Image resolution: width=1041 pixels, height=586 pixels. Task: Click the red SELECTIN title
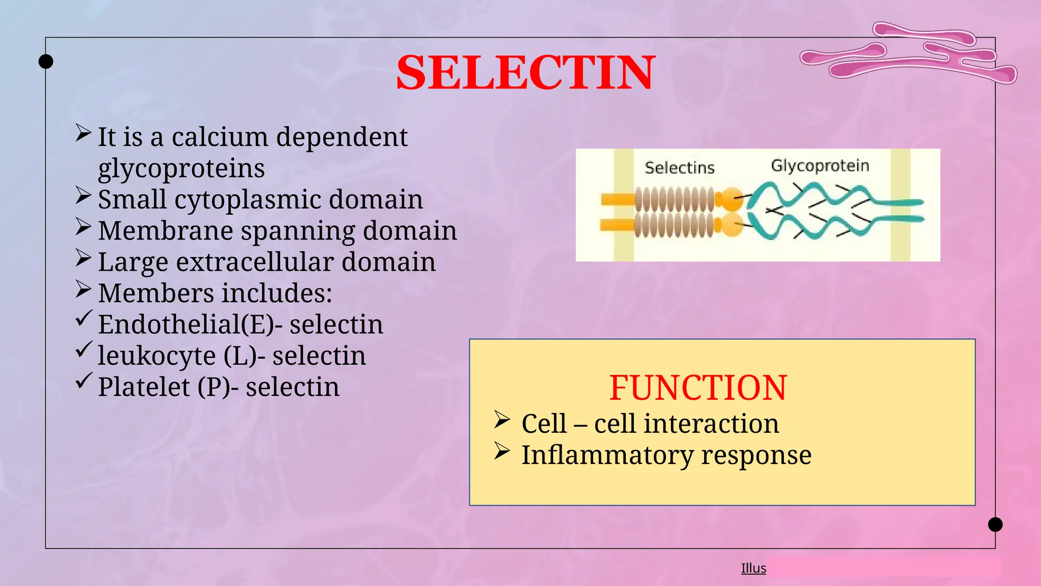[526, 73]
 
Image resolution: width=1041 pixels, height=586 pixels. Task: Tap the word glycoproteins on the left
[181, 168]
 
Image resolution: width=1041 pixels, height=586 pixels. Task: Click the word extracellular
[255, 262]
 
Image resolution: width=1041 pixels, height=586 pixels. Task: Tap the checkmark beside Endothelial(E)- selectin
[84, 318]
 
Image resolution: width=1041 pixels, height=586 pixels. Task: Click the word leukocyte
[157, 356]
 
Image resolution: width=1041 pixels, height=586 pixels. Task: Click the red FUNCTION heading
[698, 388]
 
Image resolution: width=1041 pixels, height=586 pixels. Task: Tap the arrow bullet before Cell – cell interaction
[502, 420]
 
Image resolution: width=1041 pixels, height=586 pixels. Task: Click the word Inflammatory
[607, 455]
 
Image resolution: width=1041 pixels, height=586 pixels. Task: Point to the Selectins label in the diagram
[680, 168]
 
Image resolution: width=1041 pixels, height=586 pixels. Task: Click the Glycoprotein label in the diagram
[820, 166]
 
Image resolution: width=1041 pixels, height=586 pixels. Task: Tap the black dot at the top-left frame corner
[46, 62]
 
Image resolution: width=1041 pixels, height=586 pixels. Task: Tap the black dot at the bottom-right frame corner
[995, 524]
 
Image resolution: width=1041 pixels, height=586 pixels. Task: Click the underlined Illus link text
[753, 568]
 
